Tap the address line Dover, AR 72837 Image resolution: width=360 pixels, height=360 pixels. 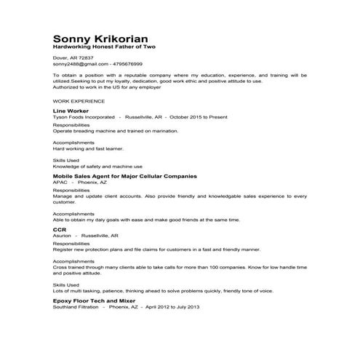click(x=73, y=57)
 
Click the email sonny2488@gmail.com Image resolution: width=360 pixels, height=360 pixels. click(x=76, y=64)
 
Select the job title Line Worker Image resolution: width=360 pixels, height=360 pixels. click(x=71, y=111)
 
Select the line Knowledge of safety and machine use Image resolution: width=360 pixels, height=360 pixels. click(x=98, y=166)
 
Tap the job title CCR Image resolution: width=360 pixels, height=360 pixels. click(x=60, y=229)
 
